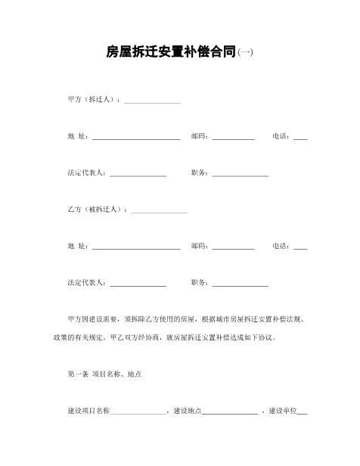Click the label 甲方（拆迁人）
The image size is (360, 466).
point(93,100)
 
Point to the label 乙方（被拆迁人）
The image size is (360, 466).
point(97,209)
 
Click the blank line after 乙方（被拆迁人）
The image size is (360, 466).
point(159,211)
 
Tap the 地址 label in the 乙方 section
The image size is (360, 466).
point(77,246)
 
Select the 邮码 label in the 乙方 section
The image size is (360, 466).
point(200,246)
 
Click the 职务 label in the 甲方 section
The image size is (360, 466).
point(200,172)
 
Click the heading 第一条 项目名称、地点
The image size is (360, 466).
point(104,374)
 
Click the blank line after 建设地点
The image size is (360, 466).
point(229,413)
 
